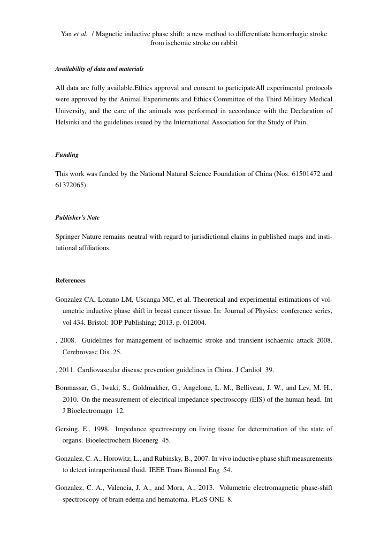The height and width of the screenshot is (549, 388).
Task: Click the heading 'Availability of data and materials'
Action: (x=99, y=69)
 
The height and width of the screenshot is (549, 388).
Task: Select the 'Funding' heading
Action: (x=67, y=155)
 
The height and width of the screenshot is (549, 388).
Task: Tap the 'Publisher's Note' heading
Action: (x=77, y=218)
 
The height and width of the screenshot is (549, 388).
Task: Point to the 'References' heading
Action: (x=70, y=281)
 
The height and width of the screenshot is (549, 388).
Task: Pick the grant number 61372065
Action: (x=69, y=185)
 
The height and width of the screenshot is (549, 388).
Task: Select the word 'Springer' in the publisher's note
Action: (x=68, y=236)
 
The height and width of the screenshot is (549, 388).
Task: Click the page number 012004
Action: (x=194, y=323)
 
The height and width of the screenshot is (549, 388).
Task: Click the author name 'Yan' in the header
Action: (x=66, y=34)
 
